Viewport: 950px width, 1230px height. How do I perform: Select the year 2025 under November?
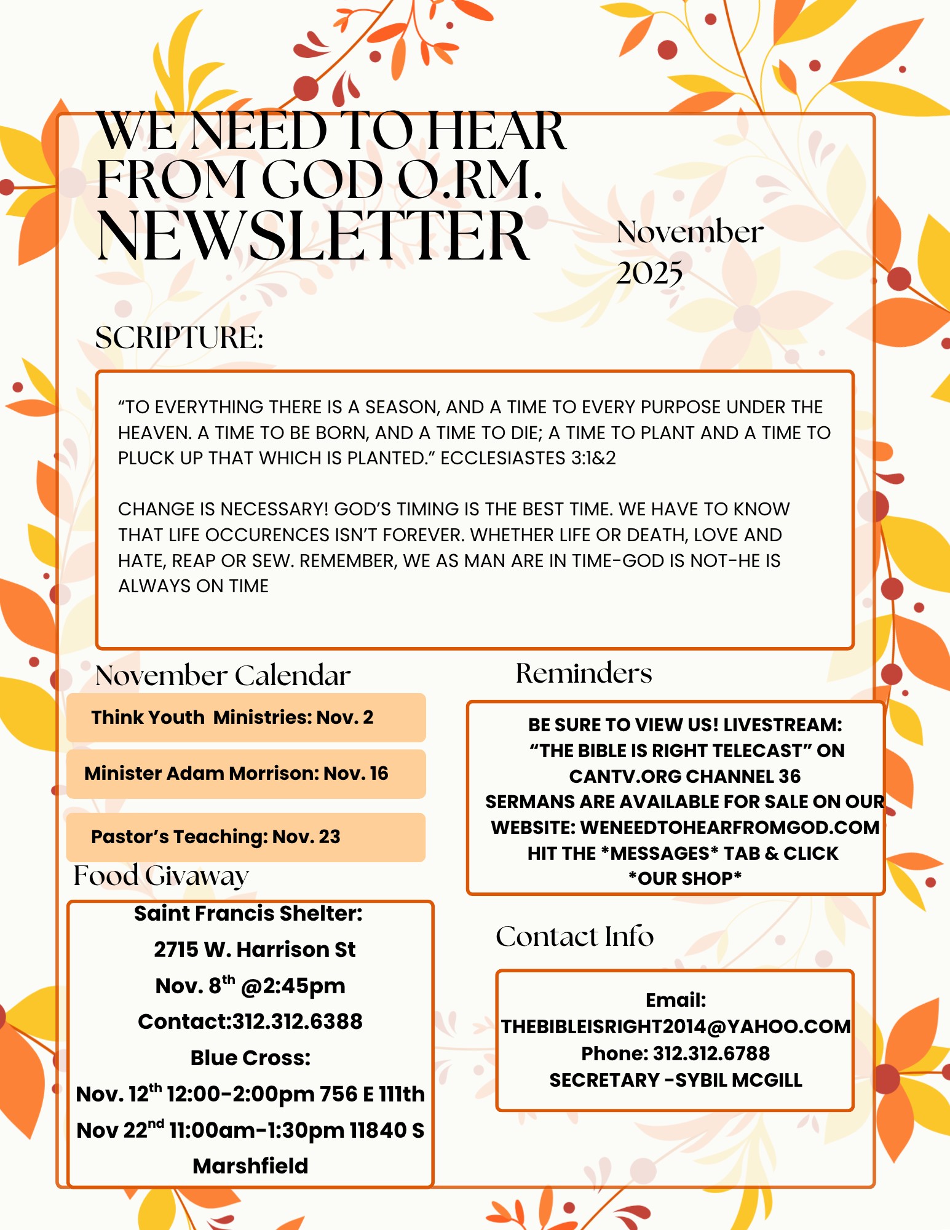(x=649, y=273)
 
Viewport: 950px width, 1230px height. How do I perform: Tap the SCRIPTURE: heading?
(x=179, y=338)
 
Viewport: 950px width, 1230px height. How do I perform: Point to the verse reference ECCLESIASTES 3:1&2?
(x=528, y=458)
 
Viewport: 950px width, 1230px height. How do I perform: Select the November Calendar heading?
(x=223, y=675)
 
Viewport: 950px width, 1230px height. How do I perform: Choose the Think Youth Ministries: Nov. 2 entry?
(x=232, y=718)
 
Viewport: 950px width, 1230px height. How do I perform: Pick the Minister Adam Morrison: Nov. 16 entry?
(x=236, y=774)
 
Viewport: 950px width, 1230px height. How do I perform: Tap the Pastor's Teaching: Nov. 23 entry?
(x=215, y=837)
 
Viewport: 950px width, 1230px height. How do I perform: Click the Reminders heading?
(x=584, y=673)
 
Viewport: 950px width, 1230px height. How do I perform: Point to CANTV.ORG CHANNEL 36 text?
(x=684, y=777)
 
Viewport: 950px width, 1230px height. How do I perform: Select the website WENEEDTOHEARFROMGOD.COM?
(x=729, y=828)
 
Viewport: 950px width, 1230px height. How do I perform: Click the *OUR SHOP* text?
(x=684, y=879)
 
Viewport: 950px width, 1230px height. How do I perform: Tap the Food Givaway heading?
(x=161, y=876)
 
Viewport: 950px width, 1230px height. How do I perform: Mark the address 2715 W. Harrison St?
(x=255, y=950)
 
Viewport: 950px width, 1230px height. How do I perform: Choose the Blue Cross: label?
(x=250, y=1058)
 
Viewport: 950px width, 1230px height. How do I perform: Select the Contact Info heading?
(x=574, y=937)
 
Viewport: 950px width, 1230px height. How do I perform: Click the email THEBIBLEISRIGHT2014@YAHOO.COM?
(x=676, y=1026)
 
